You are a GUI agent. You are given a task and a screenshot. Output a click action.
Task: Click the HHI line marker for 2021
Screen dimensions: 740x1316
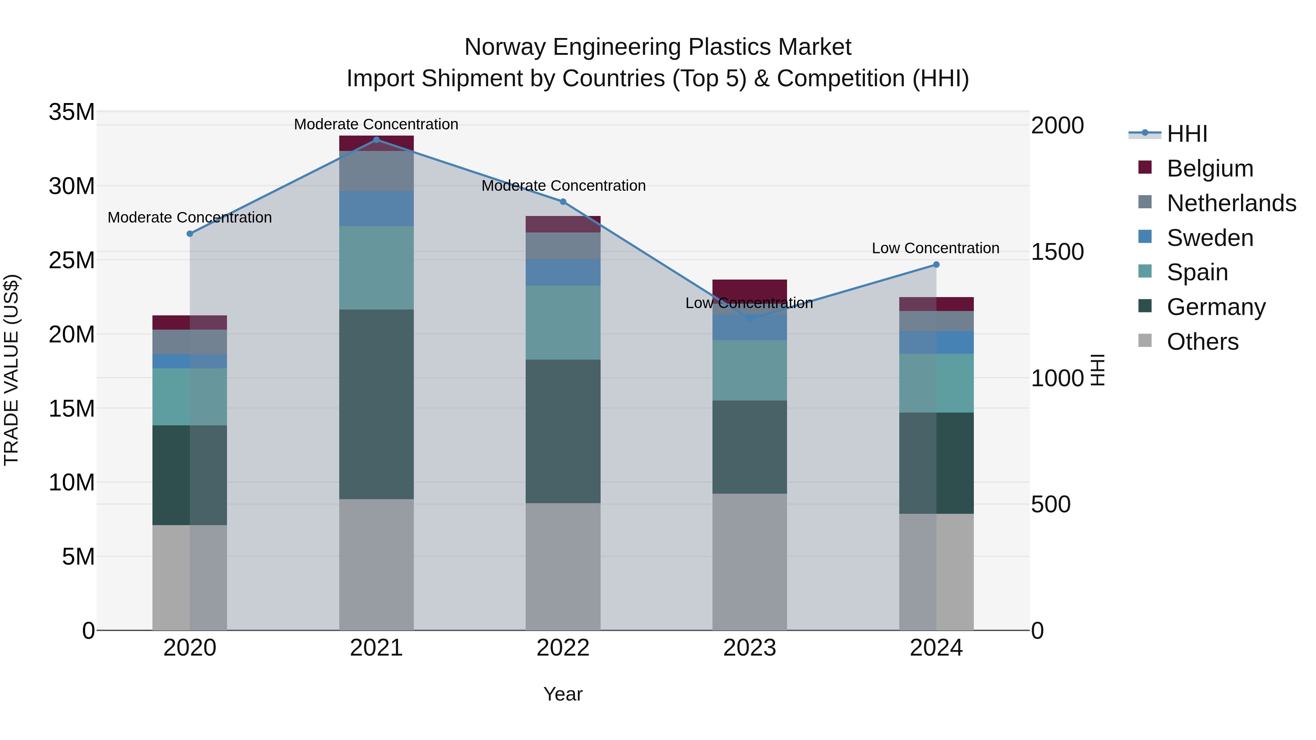coord(376,140)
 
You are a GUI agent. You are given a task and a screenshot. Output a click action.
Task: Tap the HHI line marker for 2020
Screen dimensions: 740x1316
coord(189,234)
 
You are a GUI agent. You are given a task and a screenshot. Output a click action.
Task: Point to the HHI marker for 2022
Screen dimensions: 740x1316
coord(563,202)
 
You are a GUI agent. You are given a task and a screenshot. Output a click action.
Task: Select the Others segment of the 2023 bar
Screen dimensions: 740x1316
coord(749,562)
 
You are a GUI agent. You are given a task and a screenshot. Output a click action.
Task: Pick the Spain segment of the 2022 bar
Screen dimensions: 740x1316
coord(563,322)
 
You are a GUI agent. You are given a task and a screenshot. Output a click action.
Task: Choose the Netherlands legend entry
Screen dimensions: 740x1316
coord(1231,203)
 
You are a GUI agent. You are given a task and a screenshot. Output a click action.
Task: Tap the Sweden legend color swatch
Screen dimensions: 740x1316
coord(1145,237)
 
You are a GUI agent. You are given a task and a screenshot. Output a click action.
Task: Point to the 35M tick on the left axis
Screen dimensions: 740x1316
coord(72,112)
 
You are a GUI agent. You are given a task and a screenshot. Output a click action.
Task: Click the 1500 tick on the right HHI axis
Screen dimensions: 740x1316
coord(1057,252)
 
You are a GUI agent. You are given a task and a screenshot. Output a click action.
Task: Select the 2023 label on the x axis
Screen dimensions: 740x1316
coord(749,648)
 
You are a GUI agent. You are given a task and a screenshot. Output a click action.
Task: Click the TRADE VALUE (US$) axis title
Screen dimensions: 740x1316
coord(12,370)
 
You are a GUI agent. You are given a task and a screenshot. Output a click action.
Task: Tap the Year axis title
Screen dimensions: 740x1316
coord(563,694)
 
